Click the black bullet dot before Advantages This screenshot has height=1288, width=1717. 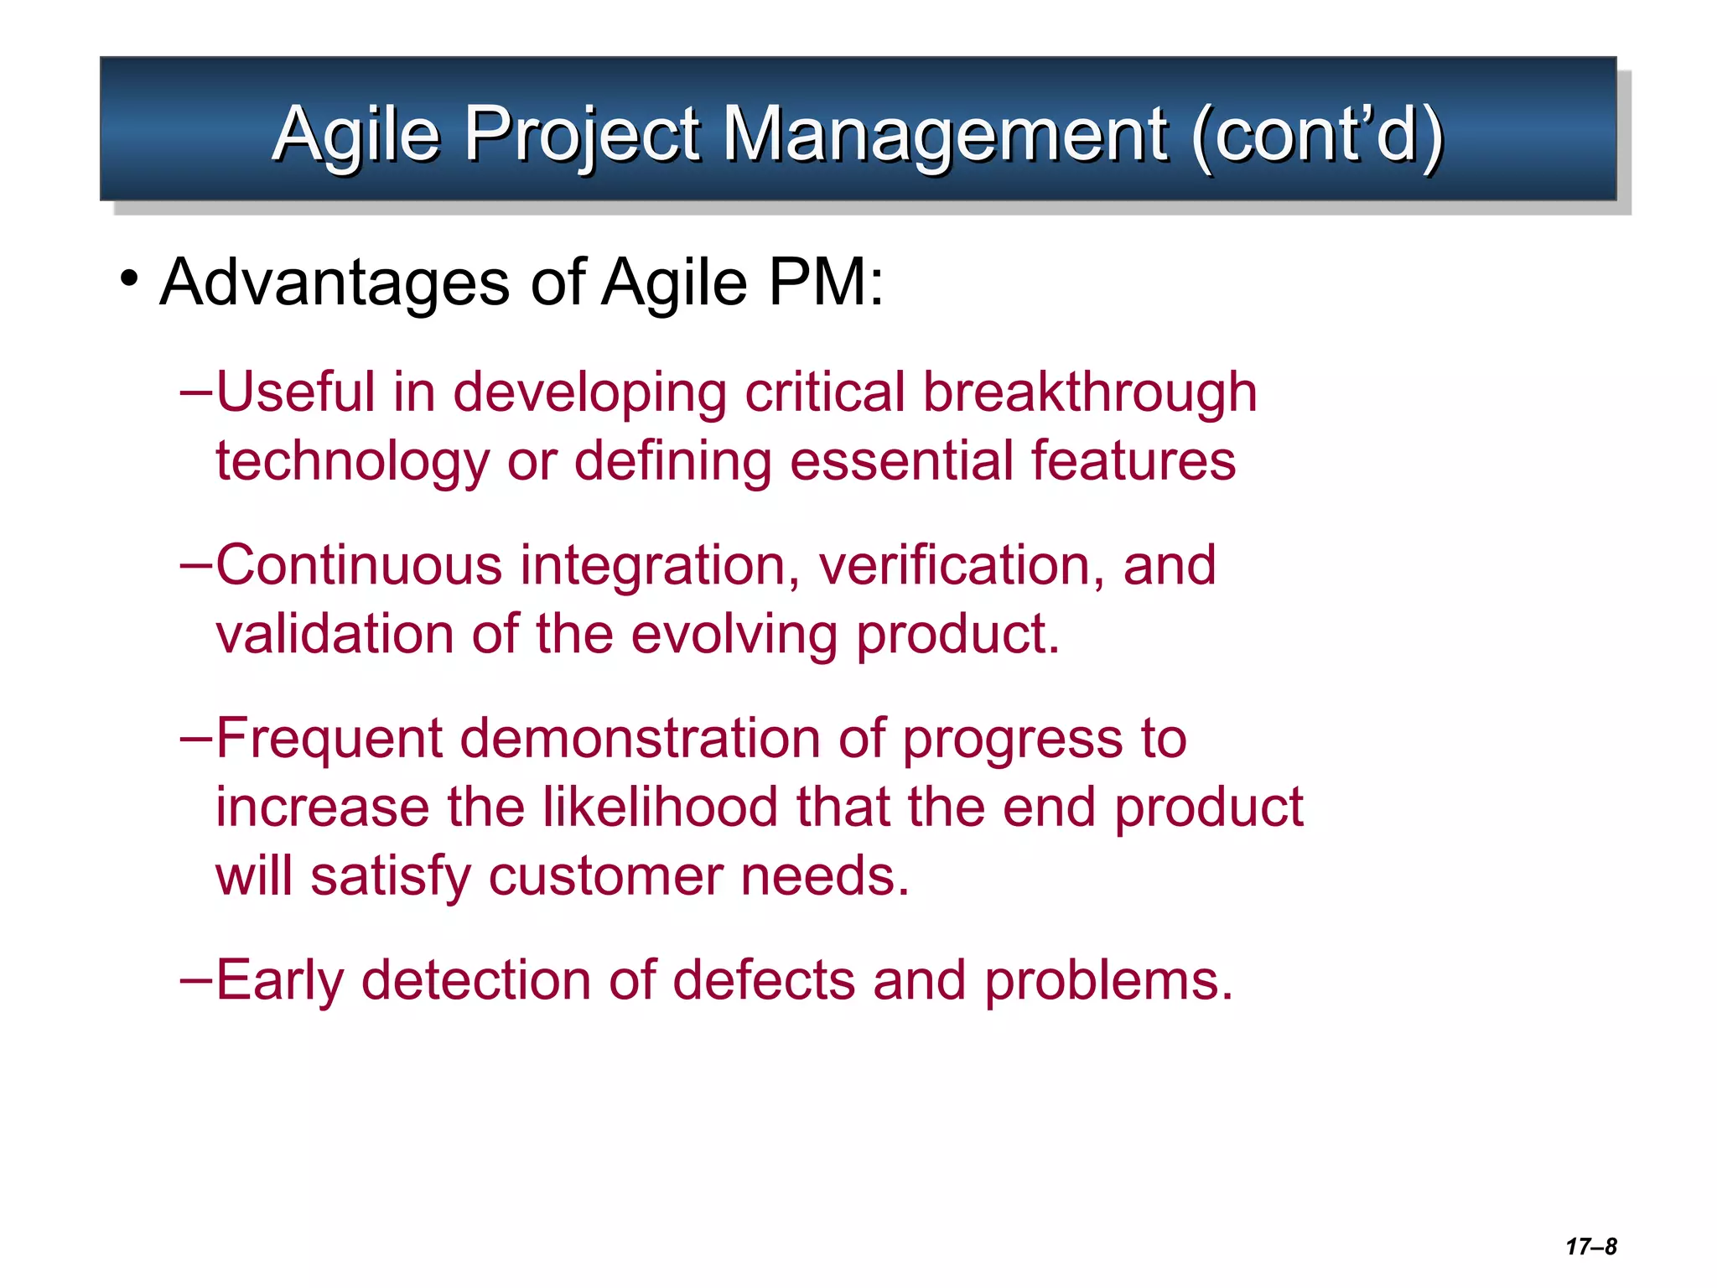click(x=128, y=278)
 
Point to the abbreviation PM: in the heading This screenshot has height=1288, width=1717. click(x=826, y=282)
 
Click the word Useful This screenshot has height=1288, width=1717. click(x=296, y=392)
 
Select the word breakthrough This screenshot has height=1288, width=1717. click(x=1089, y=392)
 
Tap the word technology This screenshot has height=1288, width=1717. click(x=352, y=461)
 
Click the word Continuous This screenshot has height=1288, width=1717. click(x=359, y=564)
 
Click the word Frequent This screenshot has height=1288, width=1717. click(x=329, y=739)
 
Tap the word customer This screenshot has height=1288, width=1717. click(x=604, y=876)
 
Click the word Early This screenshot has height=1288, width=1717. click(x=279, y=980)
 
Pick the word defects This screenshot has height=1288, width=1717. click(x=763, y=980)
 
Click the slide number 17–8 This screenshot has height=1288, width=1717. click(x=1590, y=1246)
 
